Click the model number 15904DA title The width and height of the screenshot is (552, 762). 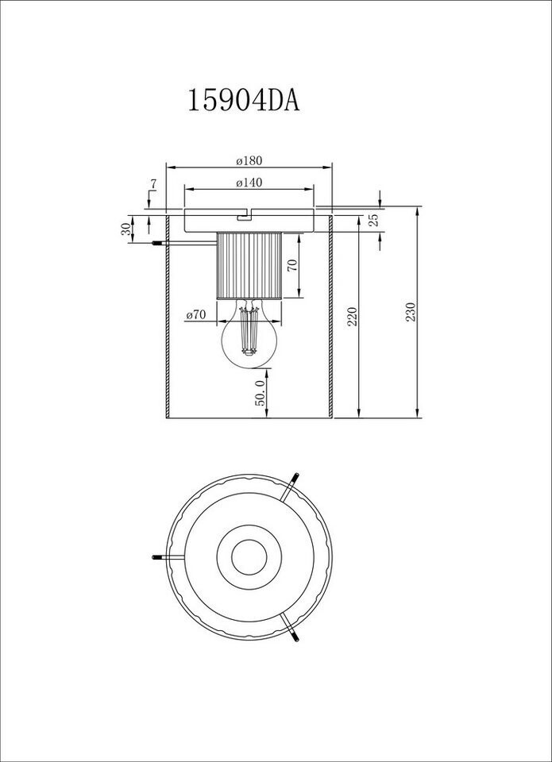pyautogui.click(x=244, y=101)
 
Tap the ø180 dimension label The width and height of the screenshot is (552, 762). pyautogui.click(x=249, y=160)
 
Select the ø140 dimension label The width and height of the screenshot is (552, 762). pyautogui.click(x=249, y=182)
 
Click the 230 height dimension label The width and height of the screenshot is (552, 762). pyautogui.click(x=411, y=313)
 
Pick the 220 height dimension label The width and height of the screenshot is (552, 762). pyautogui.click(x=353, y=316)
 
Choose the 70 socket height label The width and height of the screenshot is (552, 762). pyautogui.click(x=292, y=267)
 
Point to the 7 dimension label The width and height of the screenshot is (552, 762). pyautogui.click(x=152, y=185)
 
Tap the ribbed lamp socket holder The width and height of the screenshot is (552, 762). pyautogui.click(x=249, y=265)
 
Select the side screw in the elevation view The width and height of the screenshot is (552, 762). pyautogui.click(x=158, y=243)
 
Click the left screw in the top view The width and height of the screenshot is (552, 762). pyautogui.click(x=159, y=556)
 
